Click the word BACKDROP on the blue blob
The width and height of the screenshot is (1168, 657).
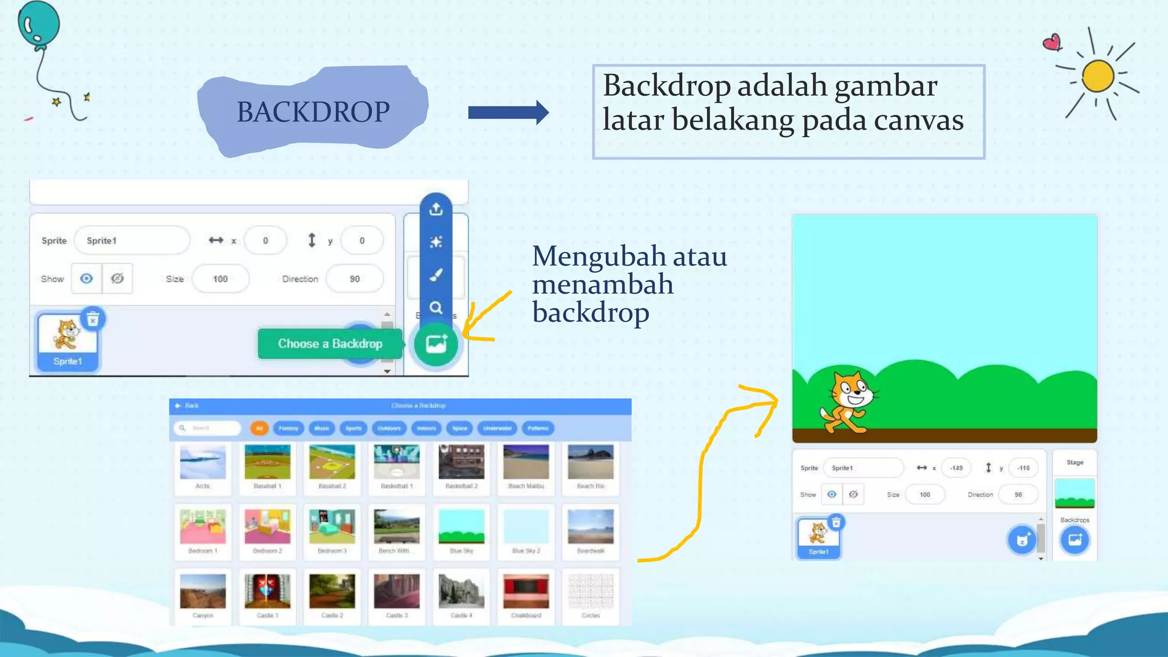313,112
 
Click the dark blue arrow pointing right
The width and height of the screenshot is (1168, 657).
508,112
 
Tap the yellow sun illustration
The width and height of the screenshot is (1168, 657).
1098,76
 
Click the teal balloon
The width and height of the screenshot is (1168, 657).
39,23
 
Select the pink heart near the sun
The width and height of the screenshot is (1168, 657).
1052,43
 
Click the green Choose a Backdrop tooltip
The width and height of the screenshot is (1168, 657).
330,344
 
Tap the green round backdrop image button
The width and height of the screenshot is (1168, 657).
436,344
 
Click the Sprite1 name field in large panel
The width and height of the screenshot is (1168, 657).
132,241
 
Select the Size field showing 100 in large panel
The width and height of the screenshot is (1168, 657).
220,279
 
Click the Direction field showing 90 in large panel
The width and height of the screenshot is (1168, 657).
354,279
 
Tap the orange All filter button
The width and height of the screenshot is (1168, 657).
259,428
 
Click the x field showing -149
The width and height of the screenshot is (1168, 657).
956,468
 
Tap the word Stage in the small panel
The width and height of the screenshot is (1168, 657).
1074,463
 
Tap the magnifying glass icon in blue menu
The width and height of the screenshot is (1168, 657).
436,308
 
